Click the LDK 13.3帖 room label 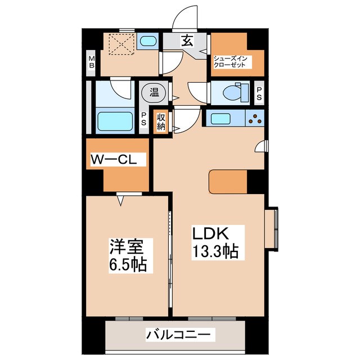tap(216, 241)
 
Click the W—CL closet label tap(118, 159)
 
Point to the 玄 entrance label tap(185, 40)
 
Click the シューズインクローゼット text tap(229, 61)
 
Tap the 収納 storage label tap(161, 120)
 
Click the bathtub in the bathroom tap(115, 120)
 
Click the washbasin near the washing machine tap(147, 41)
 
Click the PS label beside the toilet tap(259, 93)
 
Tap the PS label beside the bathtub tap(143, 119)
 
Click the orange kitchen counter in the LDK tap(228, 181)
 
